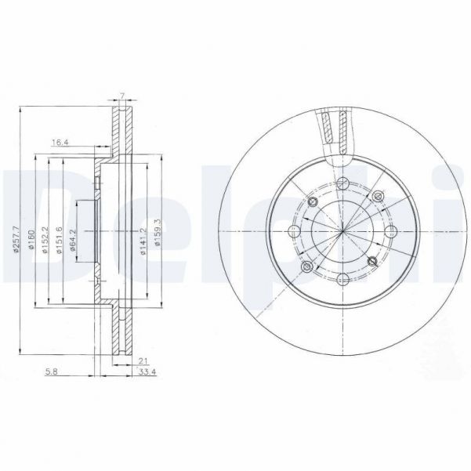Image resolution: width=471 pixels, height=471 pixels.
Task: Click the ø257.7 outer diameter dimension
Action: tap(16, 231)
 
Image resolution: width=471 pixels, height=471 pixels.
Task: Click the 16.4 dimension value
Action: tap(60, 143)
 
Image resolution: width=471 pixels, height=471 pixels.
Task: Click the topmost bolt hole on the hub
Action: tap(344, 184)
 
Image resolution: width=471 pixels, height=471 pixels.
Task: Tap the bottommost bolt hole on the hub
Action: tap(344, 279)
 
